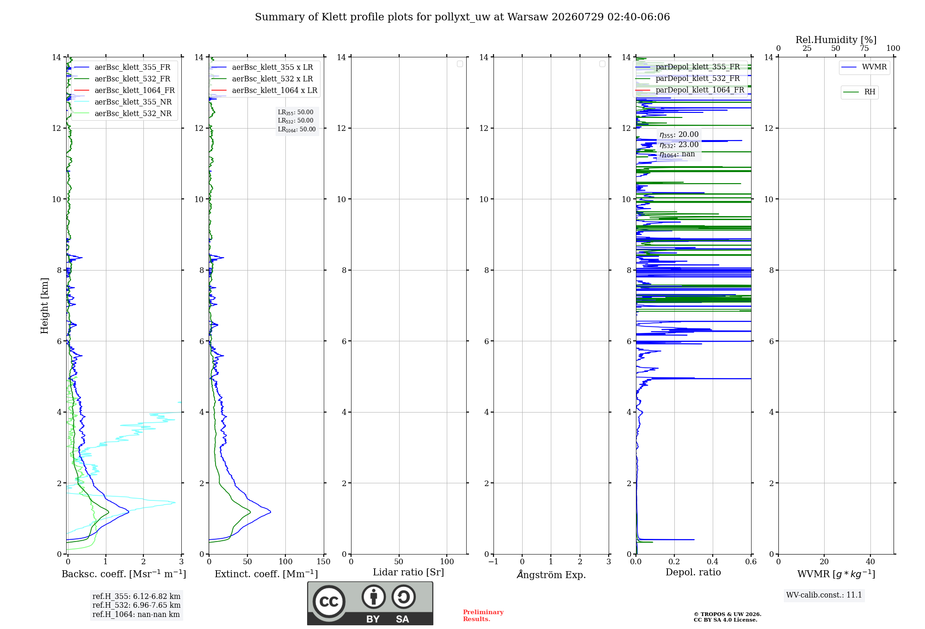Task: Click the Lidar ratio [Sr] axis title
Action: tap(408, 573)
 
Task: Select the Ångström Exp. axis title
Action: tap(551, 574)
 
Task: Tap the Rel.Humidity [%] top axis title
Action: tap(836, 40)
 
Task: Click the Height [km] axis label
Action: tap(44, 306)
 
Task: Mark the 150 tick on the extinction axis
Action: tap(324, 561)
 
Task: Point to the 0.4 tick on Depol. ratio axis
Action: tap(713, 561)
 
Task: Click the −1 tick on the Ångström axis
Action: tap(493, 561)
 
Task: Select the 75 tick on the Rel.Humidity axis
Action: tap(864, 48)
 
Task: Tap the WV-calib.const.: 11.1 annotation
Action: tap(824, 595)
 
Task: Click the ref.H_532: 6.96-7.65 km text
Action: tap(136, 605)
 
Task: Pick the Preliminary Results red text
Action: tap(483, 616)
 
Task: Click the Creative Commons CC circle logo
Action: tap(329, 602)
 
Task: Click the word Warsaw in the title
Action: tap(526, 17)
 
